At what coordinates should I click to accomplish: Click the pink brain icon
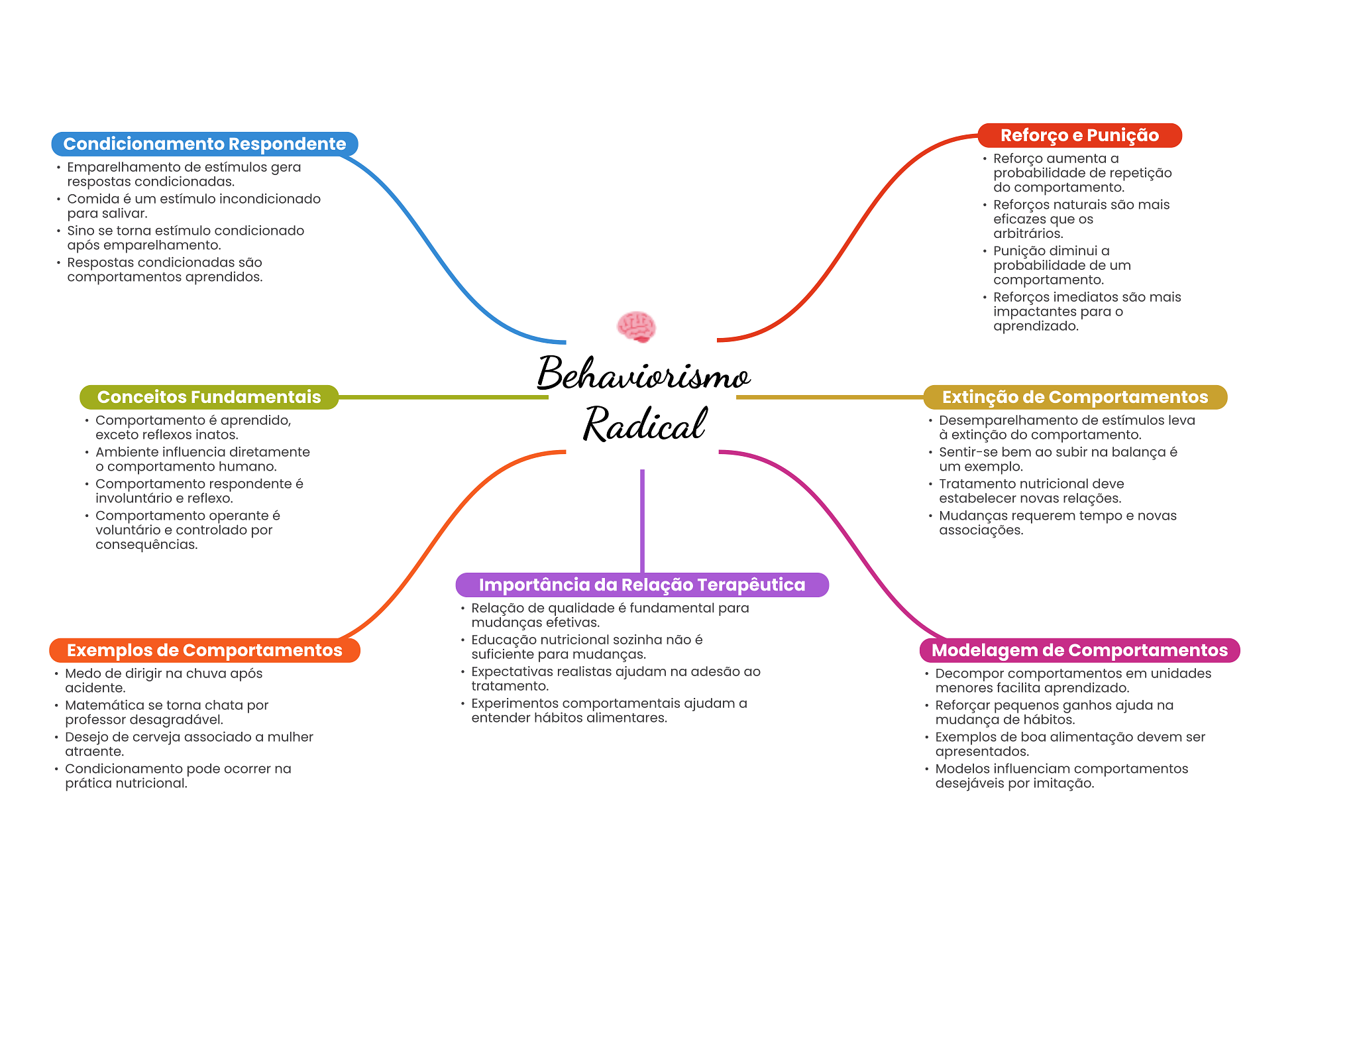tap(636, 327)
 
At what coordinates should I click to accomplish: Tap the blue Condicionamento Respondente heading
tap(205, 144)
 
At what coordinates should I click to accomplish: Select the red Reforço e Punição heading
tap(1079, 135)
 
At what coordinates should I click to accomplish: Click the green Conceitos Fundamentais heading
tap(209, 397)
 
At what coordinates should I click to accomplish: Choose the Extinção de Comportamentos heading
tap(1075, 397)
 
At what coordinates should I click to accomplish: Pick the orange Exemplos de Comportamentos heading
tap(205, 650)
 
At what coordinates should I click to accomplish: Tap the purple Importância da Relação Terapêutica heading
tap(642, 585)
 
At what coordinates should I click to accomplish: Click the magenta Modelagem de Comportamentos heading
tap(1079, 650)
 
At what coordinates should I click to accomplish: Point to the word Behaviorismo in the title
tap(643, 373)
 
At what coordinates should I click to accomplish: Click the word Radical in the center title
tap(645, 424)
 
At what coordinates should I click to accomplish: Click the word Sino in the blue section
tap(80, 231)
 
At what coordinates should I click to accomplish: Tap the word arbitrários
tap(1028, 233)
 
